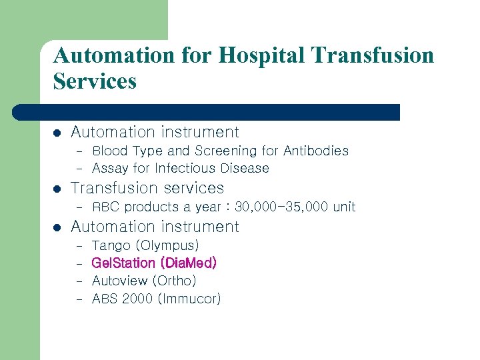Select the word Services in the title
pyautogui.click(x=95, y=81)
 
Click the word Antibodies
pyautogui.click(x=316, y=151)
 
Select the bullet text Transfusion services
pyautogui.click(x=147, y=188)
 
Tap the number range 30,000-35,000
pyautogui.click(x=281, y=207)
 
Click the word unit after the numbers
pyautogui.click(x=344, y=207)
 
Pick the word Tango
pyautogui.click(x=111, y=246)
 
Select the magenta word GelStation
pyautogui.click(x=121, y=263)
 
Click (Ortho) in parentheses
pyautogui.click(x=175, y=281)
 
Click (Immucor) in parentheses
pyautogui.click(x=189, y=299)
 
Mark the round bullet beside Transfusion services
pyautogui.click(x=57, y=189)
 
